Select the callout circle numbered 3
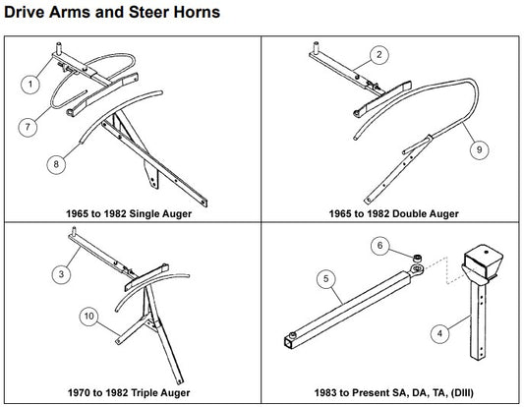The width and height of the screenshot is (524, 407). tap(61, 274)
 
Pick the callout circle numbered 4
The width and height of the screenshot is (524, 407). tap(439, 333)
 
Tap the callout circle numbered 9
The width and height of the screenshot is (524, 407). tap(479, 150)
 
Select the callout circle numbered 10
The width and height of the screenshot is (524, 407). tap(87, 317)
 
